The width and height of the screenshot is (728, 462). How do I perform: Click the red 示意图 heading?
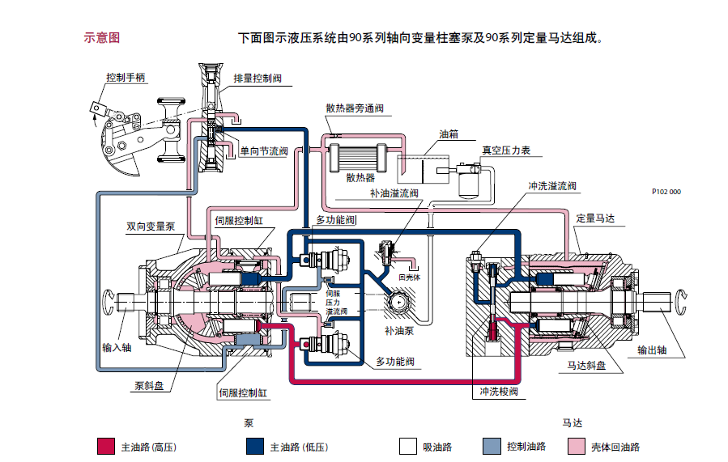tap(102, 38)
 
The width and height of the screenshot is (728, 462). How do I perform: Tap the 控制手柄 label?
tap(126, 78)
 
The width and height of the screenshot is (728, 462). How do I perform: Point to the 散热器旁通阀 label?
tap(355, 107)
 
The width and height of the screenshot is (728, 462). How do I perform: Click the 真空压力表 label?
tap(507, 150)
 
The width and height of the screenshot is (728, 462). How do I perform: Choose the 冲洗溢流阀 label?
tap(552, 185)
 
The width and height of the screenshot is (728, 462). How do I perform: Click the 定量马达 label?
tap(595, 218)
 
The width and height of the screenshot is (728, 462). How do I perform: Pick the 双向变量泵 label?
tap(151, 227)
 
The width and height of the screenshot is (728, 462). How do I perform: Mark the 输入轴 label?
tap(117, 348)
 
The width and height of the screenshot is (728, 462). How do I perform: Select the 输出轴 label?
tap(653, 350)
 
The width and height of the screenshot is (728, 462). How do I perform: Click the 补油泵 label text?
tap(400, 332)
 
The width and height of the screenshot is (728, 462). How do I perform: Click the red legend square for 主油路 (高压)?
tap(106, 447)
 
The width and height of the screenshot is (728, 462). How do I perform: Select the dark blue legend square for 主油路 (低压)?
tap(254, 447)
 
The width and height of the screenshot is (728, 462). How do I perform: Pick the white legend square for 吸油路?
tap(407, 447)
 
